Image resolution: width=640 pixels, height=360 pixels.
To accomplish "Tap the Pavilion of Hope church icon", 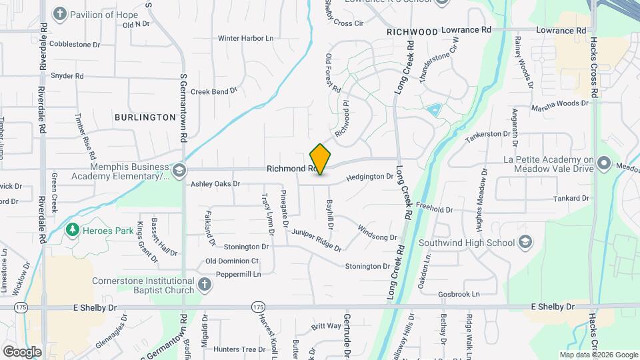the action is [60, 14].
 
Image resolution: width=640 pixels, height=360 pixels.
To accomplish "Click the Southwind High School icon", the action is [525, 241].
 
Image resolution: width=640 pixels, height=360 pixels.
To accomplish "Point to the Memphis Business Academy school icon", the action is [179, 171].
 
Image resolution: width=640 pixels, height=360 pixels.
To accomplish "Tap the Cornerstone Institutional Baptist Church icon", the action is [205, 285].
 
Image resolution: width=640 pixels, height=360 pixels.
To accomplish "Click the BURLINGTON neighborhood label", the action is [145, 117].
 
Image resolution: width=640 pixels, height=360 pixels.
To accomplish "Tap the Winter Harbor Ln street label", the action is [245, 39].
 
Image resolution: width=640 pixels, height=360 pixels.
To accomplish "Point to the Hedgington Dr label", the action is [370, 177].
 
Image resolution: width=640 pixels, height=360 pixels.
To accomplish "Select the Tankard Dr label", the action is [571, 199].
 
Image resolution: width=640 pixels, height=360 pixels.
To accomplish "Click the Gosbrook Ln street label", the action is [459, 294].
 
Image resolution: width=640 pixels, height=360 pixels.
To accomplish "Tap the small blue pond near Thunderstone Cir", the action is [433, 110].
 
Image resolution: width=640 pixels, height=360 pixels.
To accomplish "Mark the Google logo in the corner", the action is [22, 351].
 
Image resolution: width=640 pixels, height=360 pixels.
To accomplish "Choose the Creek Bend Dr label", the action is [214, 92].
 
